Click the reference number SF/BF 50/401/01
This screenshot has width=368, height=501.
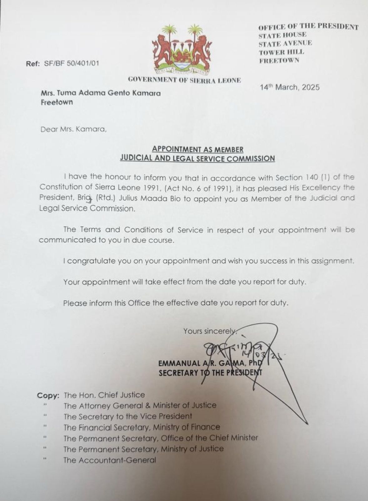[72, 63]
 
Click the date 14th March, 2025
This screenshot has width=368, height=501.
[290, 87]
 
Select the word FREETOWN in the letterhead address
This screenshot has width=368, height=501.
[279, 60]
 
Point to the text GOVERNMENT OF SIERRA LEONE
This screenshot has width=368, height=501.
[184, 80]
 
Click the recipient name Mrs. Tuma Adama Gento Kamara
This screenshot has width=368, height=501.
[101, 93]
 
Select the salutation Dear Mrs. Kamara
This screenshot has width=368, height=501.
[73, 129]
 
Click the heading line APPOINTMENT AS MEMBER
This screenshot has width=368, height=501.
[198, 149]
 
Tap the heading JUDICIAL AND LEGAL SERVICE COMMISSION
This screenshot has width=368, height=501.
[198, 158]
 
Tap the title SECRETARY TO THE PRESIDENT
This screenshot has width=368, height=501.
[210, 373]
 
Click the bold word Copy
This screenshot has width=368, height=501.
[48, 395]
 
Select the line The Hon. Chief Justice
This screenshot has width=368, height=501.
[104, 395]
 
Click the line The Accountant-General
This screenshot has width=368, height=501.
[110, 460]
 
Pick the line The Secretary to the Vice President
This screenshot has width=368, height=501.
[128, 416]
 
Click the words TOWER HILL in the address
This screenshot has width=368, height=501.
[281, 52]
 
